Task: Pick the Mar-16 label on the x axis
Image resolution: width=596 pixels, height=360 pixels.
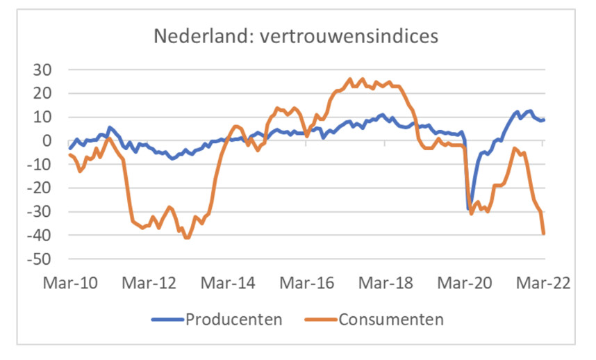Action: pyautogui.click(x=305, y=284)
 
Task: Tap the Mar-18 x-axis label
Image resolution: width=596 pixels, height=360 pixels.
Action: pyautogui.click(x=384, y=284)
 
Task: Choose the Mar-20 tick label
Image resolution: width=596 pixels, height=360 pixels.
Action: pyautogui.click(x=463, y=284)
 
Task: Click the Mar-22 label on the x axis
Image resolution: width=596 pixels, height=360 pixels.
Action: pyautogui.click(x=543, y=284)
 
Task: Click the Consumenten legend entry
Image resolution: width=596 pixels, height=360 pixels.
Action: pyautogui.click(x=390, y=320)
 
